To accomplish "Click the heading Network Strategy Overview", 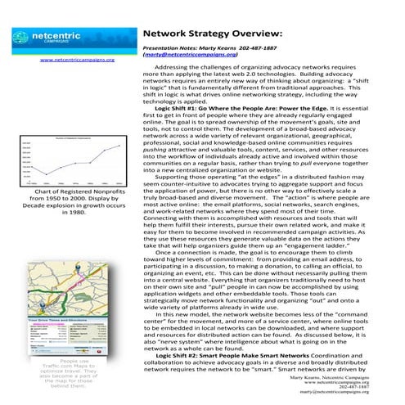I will tap(213, 34).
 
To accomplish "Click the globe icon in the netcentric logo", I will tap(26, 38).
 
